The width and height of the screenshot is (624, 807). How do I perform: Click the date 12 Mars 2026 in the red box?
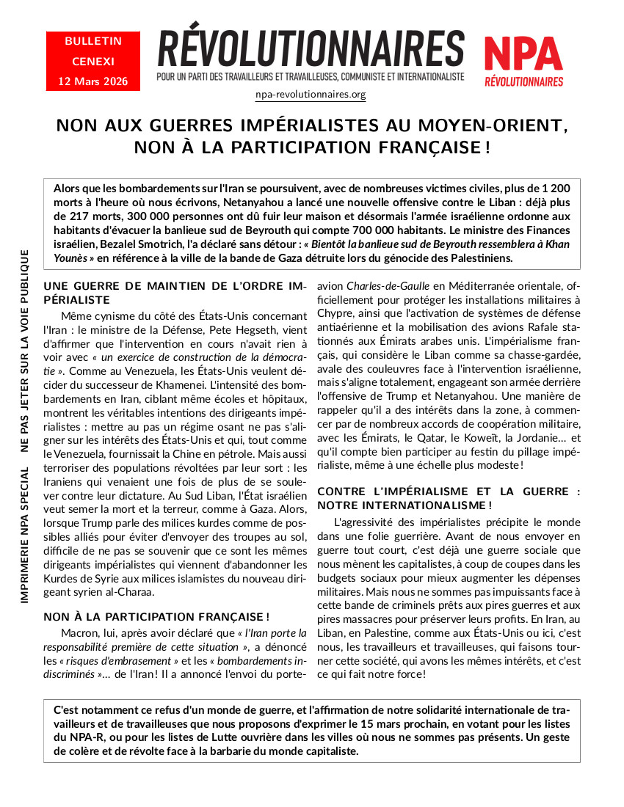pyautogui.click(x=92, y=81)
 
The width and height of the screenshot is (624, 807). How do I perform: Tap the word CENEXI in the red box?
pyautogui.click(x=92, y=62)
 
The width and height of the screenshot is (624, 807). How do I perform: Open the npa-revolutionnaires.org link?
pyautogui.click(x=311, y=95)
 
